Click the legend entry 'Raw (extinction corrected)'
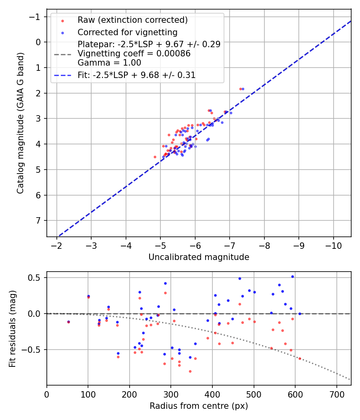point(132,20)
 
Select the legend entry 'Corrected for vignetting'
point(127,32)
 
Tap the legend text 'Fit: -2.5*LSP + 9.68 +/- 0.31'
point(136,75)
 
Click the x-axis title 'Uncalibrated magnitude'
point(199,257)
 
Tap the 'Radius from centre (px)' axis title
point(199,406)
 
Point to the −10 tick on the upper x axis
point(334,244)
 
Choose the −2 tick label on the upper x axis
point(57,244)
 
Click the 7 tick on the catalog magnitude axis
point(38,221)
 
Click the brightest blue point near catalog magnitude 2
point(243,89)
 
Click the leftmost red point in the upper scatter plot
point(155,157)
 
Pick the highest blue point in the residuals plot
point(292,276)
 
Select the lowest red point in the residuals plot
point(190,371)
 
